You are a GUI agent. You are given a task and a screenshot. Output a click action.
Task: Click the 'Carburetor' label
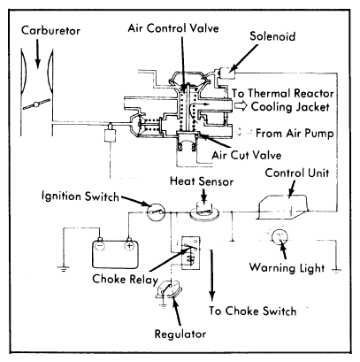50,31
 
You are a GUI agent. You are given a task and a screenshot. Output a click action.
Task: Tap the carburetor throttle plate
36,104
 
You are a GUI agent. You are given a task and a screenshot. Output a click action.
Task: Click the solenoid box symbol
226,73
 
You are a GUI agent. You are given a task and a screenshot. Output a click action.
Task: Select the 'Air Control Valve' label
173,28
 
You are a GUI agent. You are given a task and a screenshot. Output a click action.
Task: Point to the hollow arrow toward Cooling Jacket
241,106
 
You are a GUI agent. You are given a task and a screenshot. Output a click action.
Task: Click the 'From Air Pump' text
295,134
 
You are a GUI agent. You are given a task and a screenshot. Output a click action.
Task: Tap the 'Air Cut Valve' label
247,155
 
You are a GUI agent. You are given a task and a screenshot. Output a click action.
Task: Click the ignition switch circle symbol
156,212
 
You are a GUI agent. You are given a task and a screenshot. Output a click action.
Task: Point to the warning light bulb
280,236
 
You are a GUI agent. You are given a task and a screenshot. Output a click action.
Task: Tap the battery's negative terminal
100,244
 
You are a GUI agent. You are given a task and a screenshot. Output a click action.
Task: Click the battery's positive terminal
129,244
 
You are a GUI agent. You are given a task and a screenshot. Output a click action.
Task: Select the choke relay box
191,253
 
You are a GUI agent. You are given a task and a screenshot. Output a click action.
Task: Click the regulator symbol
167,289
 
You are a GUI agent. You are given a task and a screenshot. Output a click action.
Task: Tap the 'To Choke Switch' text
253,311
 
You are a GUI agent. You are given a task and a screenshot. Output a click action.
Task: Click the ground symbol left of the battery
64,268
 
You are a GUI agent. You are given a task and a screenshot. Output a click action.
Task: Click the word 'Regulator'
180,335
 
